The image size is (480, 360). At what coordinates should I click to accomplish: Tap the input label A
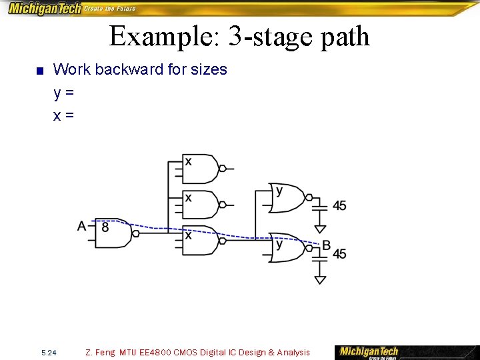[x=82, y=226]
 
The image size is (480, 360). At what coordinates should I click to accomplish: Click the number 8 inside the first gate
[x=105, y=227]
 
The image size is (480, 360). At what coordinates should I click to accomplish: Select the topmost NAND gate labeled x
[x=201, y=169]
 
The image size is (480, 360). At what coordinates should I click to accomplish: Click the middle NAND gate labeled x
[x=201, y=205]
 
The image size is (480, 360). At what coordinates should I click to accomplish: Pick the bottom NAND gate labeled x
[x=201, y=240]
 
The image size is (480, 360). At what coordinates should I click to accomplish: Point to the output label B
[x=326, y=246]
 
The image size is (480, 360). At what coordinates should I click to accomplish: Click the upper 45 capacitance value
[x=339, y=206]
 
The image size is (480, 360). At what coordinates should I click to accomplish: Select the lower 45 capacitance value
[x=339, y=254]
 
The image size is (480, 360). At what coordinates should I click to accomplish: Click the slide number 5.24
[x=49, y=353]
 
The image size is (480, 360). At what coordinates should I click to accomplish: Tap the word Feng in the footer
[x=105, y=353]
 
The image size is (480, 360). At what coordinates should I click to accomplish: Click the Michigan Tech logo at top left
[x=44, y=9]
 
